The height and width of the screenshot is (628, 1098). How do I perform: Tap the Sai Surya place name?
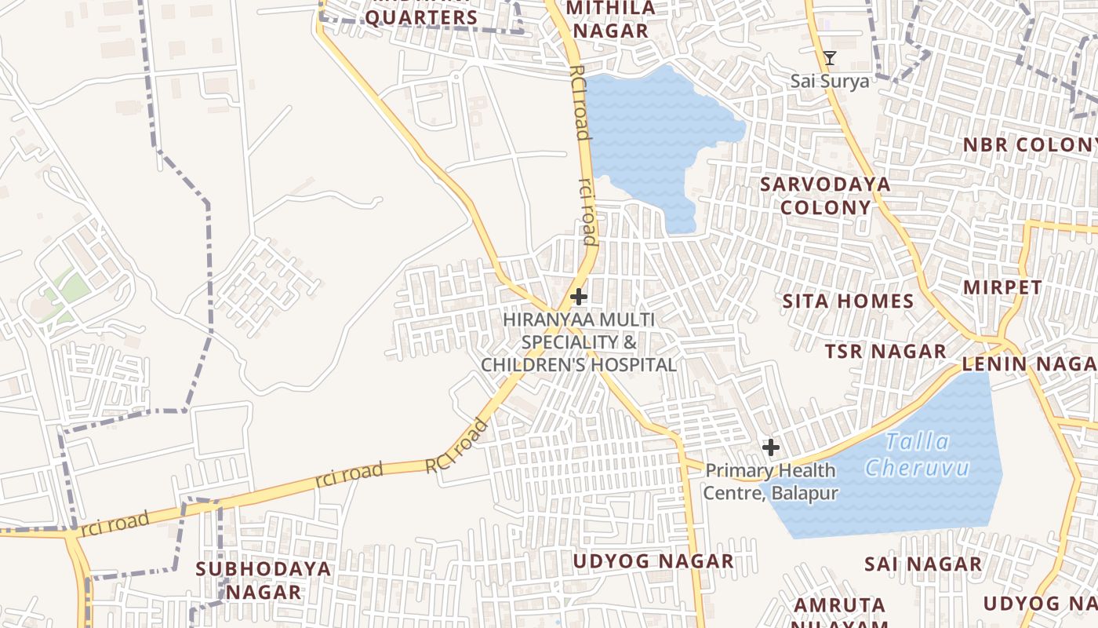coord(829,81)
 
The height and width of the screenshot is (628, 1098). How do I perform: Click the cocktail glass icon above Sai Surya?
coord(830,58)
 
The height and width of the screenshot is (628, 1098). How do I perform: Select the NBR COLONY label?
coord(1029,145)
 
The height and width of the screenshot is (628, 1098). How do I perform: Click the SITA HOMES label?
coord(848,301)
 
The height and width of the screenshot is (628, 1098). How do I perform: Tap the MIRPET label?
coord(1002,287)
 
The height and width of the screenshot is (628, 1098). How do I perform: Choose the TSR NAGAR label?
coord(885,351)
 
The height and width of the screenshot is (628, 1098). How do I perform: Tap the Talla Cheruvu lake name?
coord(917,455)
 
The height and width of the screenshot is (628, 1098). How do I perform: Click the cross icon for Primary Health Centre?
coord(771,448)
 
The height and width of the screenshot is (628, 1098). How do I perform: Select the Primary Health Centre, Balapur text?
coord(770,482)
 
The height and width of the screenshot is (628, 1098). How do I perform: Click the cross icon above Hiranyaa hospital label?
coord(579,297)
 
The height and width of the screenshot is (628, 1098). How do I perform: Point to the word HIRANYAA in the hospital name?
coord(548,320)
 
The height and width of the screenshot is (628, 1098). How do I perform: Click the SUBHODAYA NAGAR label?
coord(264,580)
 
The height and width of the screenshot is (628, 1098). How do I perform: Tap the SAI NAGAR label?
coord(922,564)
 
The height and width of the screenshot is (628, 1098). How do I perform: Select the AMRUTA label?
coord(839,605)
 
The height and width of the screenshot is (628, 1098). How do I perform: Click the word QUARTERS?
coord(421,17)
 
